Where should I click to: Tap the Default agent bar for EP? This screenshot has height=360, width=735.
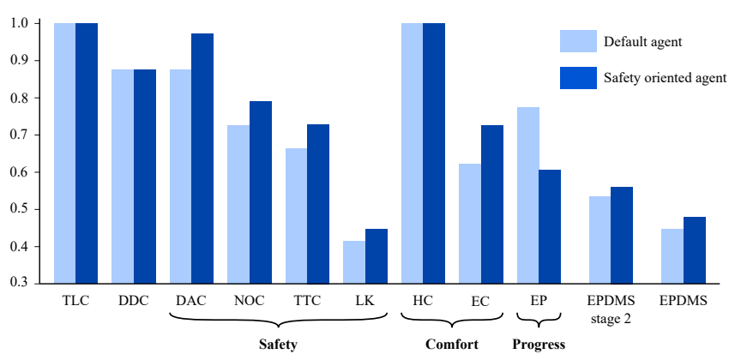[x=528, y=195]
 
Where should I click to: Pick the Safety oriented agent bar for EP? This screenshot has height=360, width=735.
[x=550, y=226]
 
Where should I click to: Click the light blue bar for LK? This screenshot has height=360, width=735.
[x=353, y=262]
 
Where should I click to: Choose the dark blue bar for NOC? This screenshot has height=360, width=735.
[x=261, y=192]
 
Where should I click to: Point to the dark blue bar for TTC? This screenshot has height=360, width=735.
[x=318, y=204]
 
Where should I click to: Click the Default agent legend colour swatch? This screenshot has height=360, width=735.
[x=578, y=42]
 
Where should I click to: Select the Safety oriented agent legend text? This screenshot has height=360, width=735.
[x=665, y=78]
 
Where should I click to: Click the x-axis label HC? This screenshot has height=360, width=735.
[x=423, y=301]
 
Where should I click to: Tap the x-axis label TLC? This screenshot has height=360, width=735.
[x=75, y=301]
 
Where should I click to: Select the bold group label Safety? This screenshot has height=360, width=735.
[x=278, y=345]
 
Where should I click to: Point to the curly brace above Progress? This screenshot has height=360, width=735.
[x=539, y=322]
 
